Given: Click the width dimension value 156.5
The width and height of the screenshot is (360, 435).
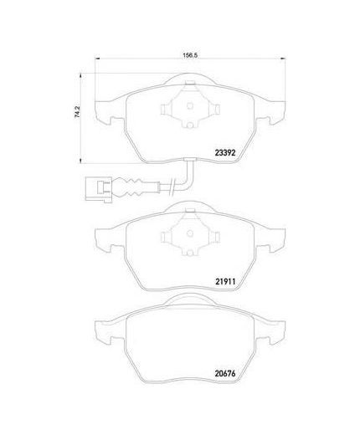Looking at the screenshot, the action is pos(190,55).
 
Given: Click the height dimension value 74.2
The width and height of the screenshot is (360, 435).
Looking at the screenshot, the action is pos(78,111).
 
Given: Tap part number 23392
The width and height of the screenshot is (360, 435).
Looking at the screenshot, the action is pos(225,152).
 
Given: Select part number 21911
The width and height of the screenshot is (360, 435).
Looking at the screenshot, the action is pos(225,282).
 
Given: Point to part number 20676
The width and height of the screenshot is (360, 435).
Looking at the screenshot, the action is pos(225,373).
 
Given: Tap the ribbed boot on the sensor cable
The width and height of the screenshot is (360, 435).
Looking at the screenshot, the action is pos(131,186).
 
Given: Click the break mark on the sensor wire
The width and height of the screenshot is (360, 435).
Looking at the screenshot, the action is pos(173,185).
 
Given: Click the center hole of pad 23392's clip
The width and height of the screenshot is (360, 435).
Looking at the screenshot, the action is pos(190,106).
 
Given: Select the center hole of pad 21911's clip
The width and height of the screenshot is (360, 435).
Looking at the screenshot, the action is pos(190,233).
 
